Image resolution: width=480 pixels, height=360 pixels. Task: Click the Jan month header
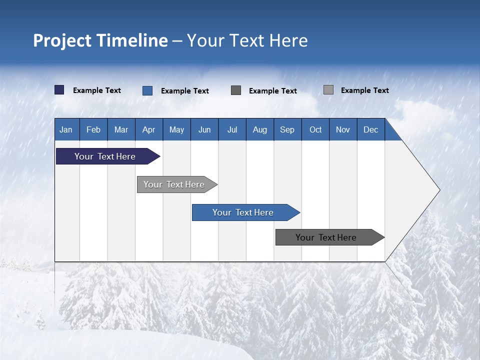pyautogui.click(x=66, y=129)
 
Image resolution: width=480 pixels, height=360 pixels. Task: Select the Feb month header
pyautogui.click(x=93, y=129)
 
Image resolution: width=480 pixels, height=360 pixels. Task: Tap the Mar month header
pyautogui.click(x=121, y=129)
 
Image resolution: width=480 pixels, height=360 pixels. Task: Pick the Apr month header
pyautogui.click(x=149, y=129)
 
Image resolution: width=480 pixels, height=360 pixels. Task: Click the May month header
pyautogui.click(x=176, y=129)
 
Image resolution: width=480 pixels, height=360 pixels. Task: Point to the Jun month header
pyautogui.click(x=204, y=129)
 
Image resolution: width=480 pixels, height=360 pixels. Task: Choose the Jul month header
pyautogui.click(x=232, y=129)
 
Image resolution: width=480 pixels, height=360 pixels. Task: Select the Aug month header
pyautogui.click(x=260, y=129)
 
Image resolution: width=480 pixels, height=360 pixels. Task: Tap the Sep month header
pyautogui.click(x=287, y=129)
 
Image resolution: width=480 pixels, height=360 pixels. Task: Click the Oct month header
pyautogui.click(x=315, y=129)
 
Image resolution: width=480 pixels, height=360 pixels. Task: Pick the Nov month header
pyautogui.click(x=343, y=129)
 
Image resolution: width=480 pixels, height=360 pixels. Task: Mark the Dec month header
pyautogui.click(x=371, y=129)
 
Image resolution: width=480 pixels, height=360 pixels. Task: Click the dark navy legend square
pyautogui.click(x=59, y=90)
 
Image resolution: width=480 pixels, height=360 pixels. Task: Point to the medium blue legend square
pyautogui.click(x=147, y=90)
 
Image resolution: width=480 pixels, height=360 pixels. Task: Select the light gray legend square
pyautogui.click(x=328, y=90)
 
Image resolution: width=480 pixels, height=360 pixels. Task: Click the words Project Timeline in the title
pyautogui.click(x=100, y=40)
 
